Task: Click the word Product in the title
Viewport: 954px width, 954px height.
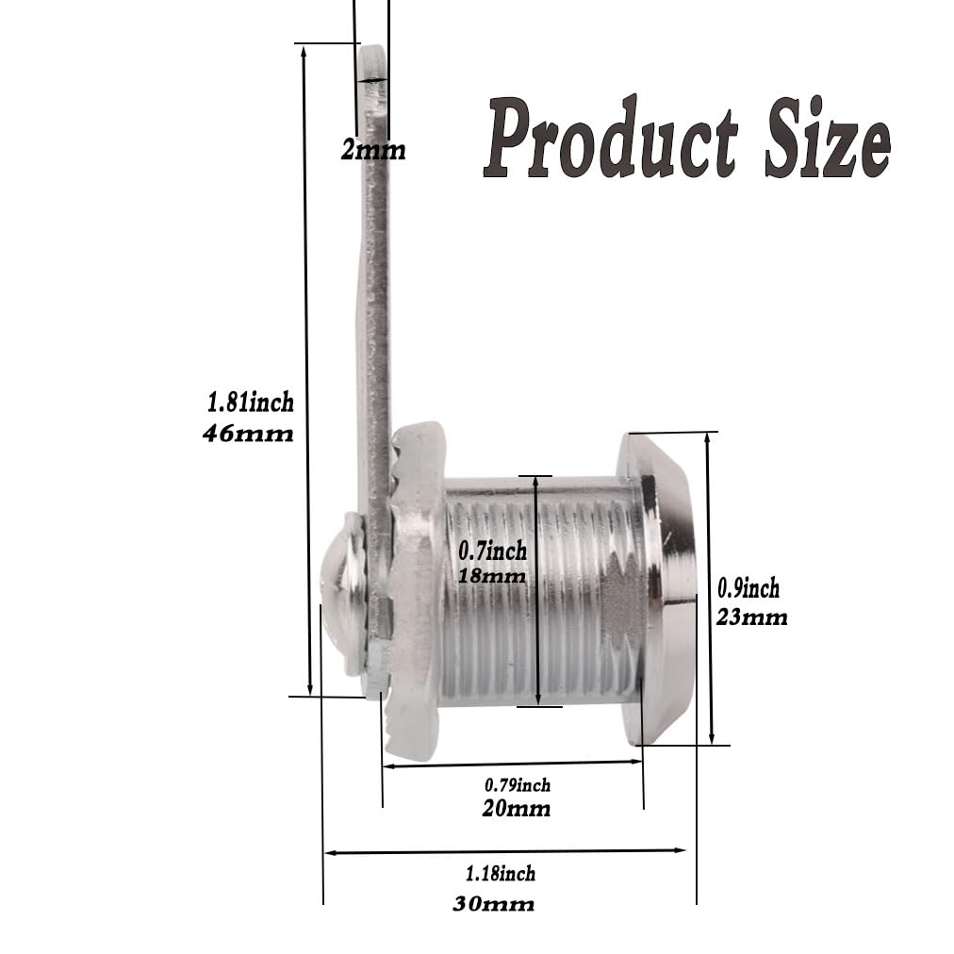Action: [x=610, y=138]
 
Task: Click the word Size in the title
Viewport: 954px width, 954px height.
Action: [x=828, y=138]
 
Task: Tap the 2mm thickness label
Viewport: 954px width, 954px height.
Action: [x=373, y=150]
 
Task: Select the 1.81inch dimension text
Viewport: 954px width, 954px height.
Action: [x=251, y=403]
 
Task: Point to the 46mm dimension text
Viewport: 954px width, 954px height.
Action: [x=248, y=434]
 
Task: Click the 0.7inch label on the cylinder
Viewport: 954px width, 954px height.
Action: [x=492, y=551]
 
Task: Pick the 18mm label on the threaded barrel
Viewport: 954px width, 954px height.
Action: [x=492, y=576]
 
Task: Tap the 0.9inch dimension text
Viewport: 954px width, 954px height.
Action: [x=748, y=588]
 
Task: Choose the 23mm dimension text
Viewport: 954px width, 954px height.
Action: [x=752, y=617]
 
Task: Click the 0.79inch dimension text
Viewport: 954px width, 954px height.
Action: [x=518, y=785]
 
